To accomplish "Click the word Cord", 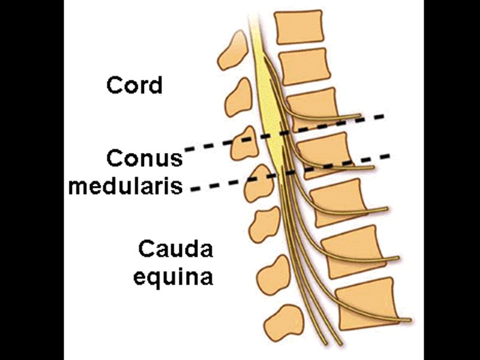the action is pos(134,85).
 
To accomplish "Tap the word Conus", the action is pos(144,159).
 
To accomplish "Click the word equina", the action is pos(173,277).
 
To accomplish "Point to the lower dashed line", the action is pos(216,185).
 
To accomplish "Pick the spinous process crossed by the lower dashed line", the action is pos(257,183).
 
